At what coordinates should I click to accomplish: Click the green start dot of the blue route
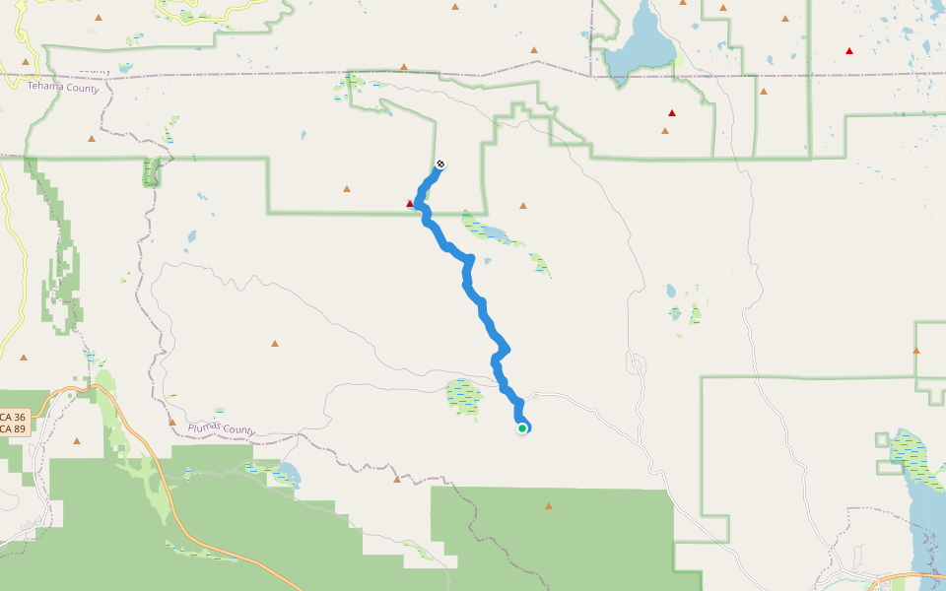[x=522, y=427]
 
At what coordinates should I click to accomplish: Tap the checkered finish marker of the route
[x=439, y=164]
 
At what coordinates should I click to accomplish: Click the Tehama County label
[x=63, y=88]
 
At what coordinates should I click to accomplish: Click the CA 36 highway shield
[x=14, y=418]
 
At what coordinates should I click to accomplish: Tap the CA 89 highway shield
[x=14, y=428]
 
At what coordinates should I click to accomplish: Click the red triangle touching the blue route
[x=410, y=204]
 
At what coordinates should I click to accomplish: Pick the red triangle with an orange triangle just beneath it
[x=672, y=113]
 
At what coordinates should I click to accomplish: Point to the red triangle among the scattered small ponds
[x=848, y=50]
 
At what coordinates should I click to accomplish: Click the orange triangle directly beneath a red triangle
[x=665, y=130]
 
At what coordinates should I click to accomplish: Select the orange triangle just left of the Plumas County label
[x=171, y=422]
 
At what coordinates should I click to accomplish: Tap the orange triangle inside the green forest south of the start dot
[x=549, y=506]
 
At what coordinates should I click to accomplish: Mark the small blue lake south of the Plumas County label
[x=287, y=473]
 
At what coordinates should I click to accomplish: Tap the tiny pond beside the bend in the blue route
[x=487, y=261]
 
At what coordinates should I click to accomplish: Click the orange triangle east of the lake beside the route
[x=522, y=206]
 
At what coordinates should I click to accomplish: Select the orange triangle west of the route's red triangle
[x=346, y=189]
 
